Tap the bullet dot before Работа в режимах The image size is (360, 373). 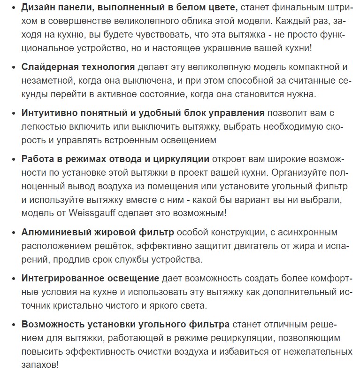(x=13, y=160)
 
